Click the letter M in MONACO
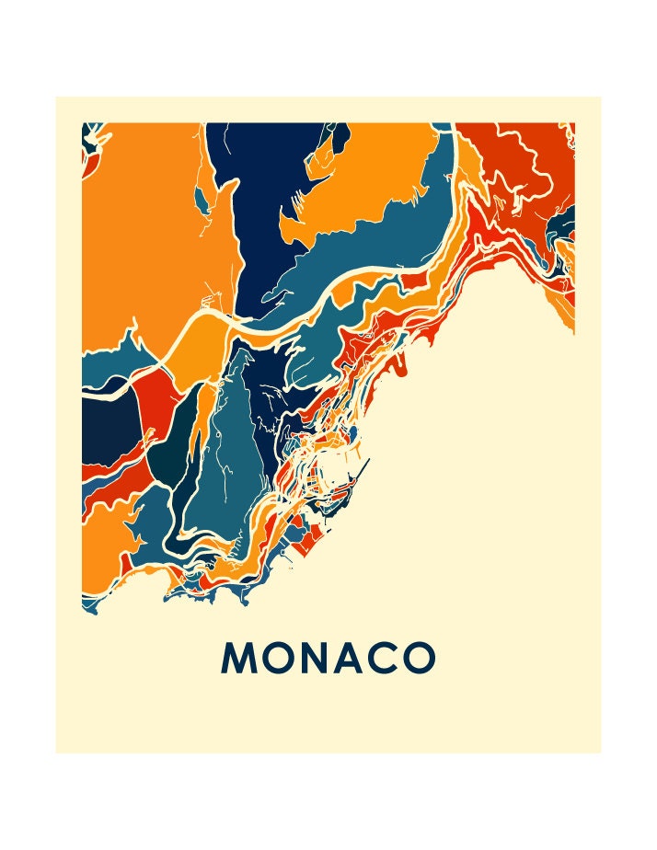pyautogui.click(x=238, y=658)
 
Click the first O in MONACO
pyautogui.click(x=275, y=658)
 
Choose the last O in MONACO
pyautogui.click(x=420, y=658)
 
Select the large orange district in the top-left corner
pyautogui.click(x=147, y=230)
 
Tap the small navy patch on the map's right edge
pyautogui.click(x=568, y=222)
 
